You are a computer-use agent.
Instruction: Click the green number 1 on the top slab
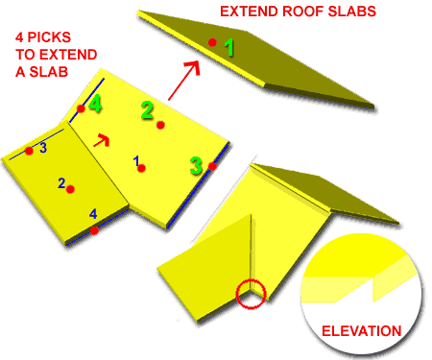point(228,46)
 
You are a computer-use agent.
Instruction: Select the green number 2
point(147,110)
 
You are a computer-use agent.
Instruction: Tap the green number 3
point(196,165)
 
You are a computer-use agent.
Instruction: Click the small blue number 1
point(137,159)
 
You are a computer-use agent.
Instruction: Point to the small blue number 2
point(61,182)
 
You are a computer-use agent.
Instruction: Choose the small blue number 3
point(42,148)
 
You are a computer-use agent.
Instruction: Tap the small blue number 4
point(93,213)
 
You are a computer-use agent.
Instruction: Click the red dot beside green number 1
point(211,42)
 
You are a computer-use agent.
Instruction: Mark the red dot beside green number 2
point(161,126)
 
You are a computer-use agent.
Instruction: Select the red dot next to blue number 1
point(142,169)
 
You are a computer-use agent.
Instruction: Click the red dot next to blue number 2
point(71,189)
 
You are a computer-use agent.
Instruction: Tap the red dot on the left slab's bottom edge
point(93,230)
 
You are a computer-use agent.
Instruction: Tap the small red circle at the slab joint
point(252,292)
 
